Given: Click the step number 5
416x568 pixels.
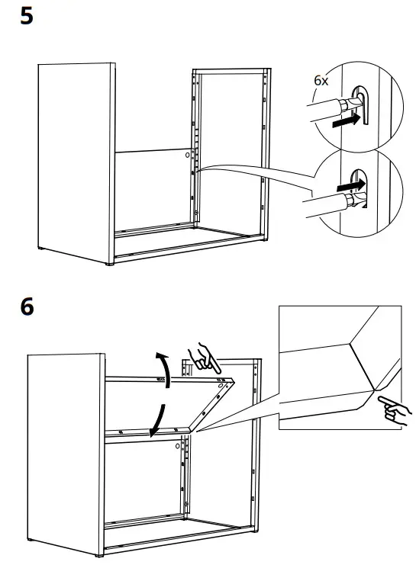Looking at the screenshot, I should pos(27,16).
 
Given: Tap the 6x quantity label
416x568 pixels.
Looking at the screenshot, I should pos(321,80).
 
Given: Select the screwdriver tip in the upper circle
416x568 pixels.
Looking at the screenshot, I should pos(353,103).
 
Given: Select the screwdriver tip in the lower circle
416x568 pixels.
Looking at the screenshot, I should pos(350,200).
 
